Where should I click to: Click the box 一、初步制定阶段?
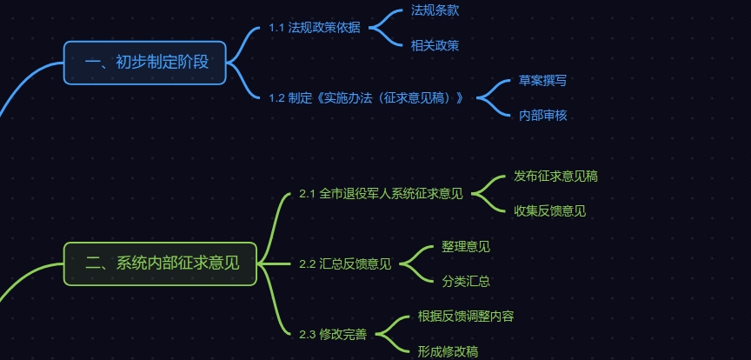pos(144,63)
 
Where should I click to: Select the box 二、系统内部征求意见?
pos(161,263)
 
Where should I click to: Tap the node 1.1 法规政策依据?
pos(315,27)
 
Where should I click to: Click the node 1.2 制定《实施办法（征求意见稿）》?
pos(366,97)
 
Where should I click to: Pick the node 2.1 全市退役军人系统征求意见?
pos(381,193)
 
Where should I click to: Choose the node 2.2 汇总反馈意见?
pos(345,263)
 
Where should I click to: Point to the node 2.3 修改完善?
pos(333,334)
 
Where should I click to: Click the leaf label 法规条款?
pos(435,10)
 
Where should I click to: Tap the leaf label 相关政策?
pos(435,44)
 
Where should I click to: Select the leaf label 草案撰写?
pos(543,80)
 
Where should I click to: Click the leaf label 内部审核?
pos(543,115)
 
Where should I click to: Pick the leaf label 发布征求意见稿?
pos(555,176)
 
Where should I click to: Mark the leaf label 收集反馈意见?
pos(549,210)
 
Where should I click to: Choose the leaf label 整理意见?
pos(466,246)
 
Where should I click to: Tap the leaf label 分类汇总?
pos(466,281)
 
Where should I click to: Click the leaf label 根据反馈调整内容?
pos(466,316)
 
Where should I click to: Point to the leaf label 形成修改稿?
pos(448,351)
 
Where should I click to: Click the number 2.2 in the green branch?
pos(307,264)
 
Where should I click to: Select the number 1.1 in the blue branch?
pos(277,28)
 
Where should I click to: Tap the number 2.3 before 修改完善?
pos(307,334)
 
